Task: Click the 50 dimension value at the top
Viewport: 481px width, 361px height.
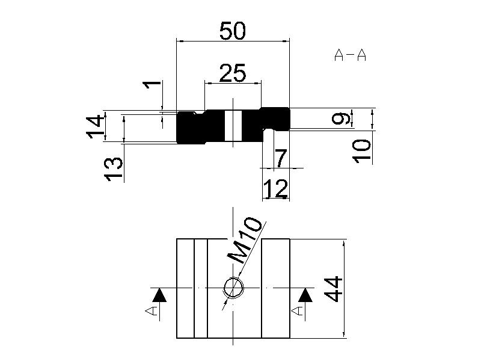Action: (x=233, y=31)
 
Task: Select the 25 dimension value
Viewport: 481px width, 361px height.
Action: (x=233, y=73)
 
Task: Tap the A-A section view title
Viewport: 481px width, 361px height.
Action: (x=350, y=55)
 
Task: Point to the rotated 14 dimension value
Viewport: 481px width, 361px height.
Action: (x=94, y=126)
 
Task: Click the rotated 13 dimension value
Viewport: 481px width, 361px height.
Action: (x=113, y=169)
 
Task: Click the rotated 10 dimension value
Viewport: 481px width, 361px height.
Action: (x=361, y=152)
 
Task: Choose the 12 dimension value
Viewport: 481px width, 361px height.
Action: (x=276, y=188)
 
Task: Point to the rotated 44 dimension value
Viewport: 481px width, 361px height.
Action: (x=333, y=289)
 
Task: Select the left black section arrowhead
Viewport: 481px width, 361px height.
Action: (x=159, y=295)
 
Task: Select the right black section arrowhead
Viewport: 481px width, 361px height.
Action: (x=305, y=295)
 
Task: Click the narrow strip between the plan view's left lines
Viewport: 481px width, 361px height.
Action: (x=201, y=288)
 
